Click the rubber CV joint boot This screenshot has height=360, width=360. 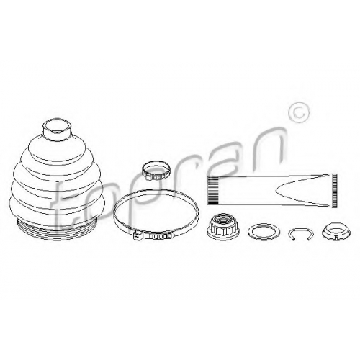57,178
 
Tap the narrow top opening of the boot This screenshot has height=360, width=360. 57,125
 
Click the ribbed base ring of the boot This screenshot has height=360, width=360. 57,225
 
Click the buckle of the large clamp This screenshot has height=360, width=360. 137,235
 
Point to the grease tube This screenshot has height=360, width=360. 272,191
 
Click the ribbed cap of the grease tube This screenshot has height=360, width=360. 213,191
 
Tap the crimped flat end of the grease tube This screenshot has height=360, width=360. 335,191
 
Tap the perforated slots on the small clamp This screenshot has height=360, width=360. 156,178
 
